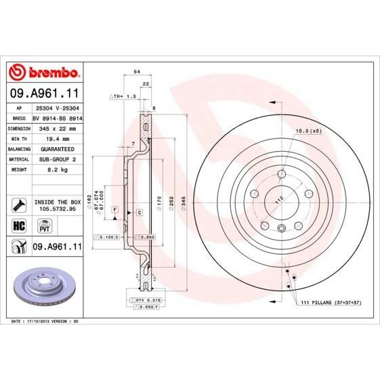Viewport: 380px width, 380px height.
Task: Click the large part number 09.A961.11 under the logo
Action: pos(43,92)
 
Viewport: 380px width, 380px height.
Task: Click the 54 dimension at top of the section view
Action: pos(137,71)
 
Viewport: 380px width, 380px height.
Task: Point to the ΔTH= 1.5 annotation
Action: pos(123,97)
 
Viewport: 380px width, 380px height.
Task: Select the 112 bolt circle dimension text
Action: pos(277,199)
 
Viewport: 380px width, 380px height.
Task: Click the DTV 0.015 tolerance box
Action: pos(144,299)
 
